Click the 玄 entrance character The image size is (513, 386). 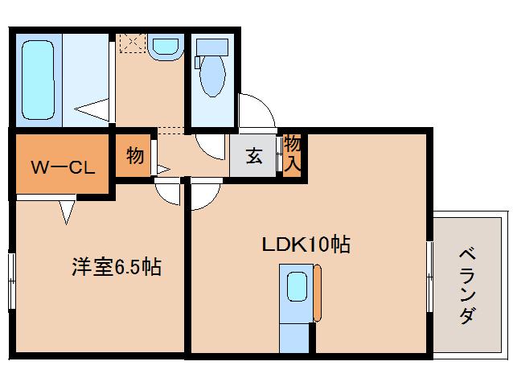click(253, 156)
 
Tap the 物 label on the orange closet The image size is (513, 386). click(134, 155)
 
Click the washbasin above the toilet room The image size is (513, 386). click(166, 45)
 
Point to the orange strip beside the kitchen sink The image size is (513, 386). click(317, 293)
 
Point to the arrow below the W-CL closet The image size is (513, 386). click(66, 211)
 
